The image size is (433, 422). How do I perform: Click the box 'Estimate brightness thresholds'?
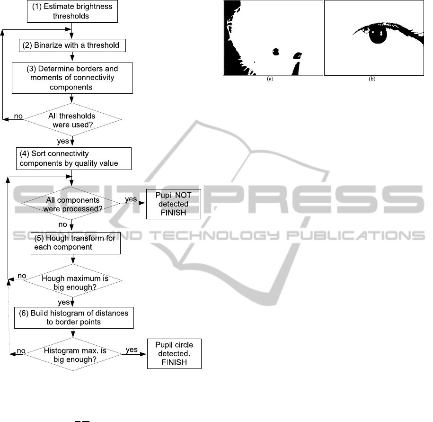72,11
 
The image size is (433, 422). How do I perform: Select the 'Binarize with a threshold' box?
72,45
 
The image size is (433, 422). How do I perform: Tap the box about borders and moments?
72,78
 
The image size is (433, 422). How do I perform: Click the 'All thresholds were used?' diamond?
72,120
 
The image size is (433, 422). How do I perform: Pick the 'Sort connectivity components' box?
74,159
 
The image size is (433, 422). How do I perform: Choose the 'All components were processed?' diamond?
71,203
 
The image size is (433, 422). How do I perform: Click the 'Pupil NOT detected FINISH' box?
173,204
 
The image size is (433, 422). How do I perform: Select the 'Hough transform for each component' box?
75,243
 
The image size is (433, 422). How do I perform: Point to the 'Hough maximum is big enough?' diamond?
73,280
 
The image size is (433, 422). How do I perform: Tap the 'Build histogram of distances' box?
74,317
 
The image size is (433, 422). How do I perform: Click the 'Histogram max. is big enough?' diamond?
73,354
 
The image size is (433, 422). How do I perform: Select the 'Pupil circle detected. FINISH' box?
174,354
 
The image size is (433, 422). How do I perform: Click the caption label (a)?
270,79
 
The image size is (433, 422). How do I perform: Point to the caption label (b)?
372,79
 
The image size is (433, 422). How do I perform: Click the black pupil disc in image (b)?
378,34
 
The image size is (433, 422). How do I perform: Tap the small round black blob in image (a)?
275,52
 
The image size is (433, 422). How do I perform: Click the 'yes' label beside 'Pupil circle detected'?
132,350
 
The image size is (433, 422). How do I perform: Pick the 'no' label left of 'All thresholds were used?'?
18,116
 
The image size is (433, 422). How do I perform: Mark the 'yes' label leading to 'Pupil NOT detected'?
131,199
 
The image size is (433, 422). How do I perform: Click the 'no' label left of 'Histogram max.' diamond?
21,351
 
